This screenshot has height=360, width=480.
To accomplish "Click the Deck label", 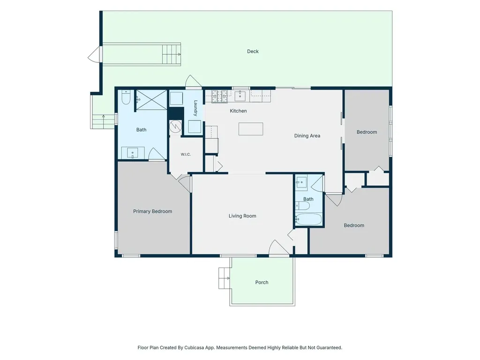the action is click(253, 52).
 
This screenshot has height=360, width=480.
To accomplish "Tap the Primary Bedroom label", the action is click(152, 211).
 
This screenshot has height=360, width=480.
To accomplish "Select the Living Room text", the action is click(242, 216).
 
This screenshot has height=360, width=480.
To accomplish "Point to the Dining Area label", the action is click(307, 135).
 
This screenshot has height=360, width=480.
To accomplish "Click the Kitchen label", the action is click(238, 111).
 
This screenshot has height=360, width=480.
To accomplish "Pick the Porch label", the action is click(262, 282).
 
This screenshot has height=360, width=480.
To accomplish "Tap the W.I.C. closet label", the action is click(186, 154).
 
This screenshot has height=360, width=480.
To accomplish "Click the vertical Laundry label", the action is click(195, 108).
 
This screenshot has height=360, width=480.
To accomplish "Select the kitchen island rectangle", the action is click(251, 129).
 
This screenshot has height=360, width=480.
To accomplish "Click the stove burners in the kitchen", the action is click(220, 96).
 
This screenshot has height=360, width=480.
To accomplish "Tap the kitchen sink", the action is click(240, 96).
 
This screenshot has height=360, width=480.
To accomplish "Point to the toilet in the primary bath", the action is click(126, 97).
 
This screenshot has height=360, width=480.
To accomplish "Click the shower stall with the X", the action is click(151, 100).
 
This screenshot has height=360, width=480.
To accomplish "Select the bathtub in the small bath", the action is click(308, 219).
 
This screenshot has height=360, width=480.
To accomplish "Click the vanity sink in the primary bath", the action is click(133, 153).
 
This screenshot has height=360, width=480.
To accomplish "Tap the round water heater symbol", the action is click(175, 126).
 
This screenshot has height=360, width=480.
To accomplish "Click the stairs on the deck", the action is click(172, 54).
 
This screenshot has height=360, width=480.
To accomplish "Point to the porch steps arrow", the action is click(227, 278).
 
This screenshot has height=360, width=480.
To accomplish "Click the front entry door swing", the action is click(278, 247).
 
